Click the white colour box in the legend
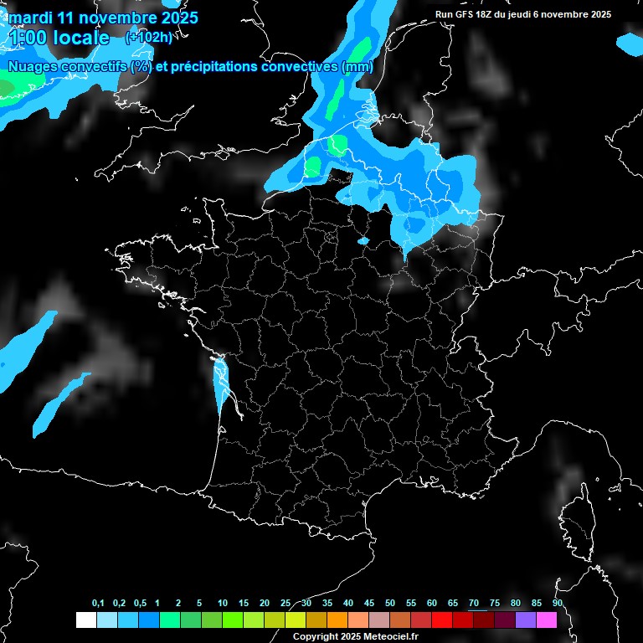point(85,620)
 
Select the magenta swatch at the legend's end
point(546,620)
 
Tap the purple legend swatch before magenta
point(525,620)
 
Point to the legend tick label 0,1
point(98,604)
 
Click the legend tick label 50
point(390,604)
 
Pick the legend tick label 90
point(557,604)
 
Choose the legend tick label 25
point(285,604)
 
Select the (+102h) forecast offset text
point(148,37)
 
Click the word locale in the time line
point(80,38)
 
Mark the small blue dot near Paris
point(363,240)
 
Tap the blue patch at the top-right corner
point(630,42)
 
